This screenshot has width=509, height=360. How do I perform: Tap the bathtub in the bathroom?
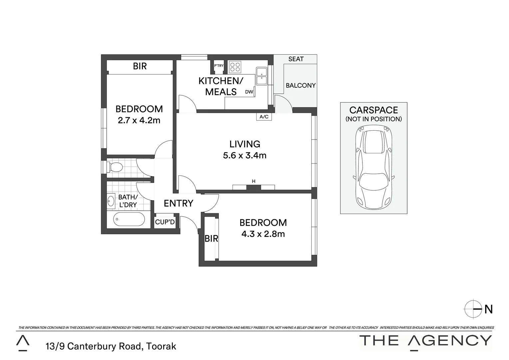point(129,219)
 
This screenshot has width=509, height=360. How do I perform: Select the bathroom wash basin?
point(111,201)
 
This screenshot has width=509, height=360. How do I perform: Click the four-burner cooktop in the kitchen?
point(235,67)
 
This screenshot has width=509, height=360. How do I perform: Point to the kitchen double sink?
point(261,76)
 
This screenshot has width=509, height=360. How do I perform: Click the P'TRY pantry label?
point(219,66)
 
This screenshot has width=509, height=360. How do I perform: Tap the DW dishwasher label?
point(249,92)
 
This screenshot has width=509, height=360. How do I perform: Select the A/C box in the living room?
point(264,117)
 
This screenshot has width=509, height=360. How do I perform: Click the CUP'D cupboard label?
point(165,222)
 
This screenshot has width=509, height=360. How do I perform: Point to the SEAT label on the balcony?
point(296,59)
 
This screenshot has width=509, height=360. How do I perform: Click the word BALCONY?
point(300,85)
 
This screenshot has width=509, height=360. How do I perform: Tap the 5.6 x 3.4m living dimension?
point(245,155)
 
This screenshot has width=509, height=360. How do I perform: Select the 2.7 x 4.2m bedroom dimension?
point(139,120)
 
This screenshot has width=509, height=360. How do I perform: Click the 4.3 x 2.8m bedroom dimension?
point(263,234)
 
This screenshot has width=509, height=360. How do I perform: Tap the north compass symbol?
point(473,309)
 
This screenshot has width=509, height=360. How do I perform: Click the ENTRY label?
point(179,203)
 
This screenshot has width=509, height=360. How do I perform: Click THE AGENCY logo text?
point(425,341)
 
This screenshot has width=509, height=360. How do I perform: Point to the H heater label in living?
point(254,181)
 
